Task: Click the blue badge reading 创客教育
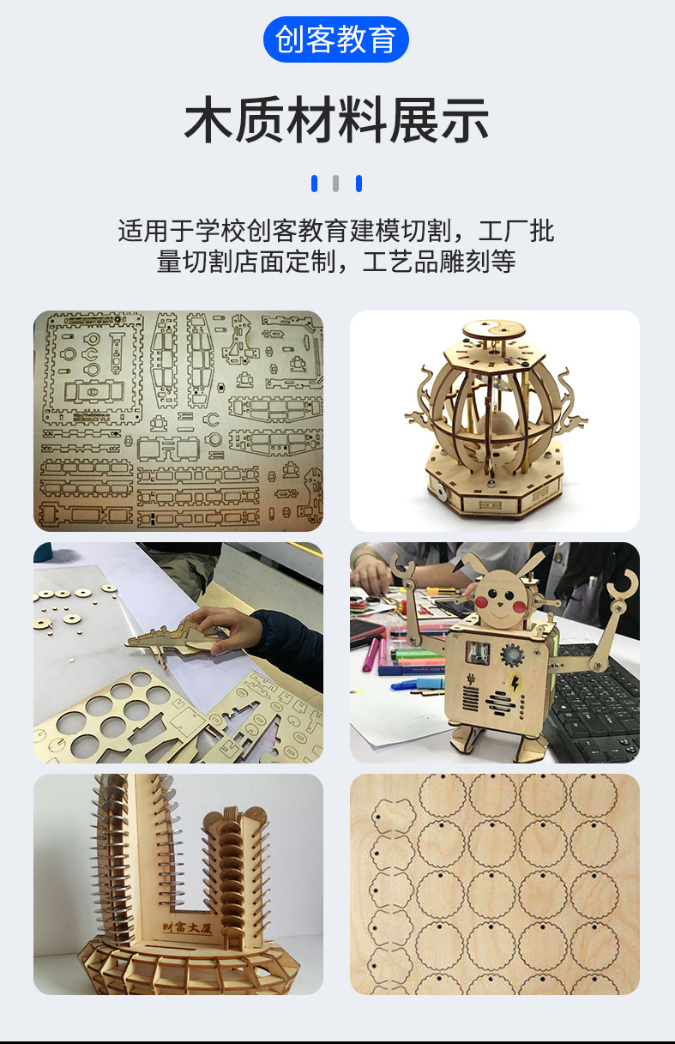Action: (x=336, y=39)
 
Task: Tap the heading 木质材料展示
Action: (x=336, y=121)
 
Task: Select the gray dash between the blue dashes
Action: (x=336, y=183)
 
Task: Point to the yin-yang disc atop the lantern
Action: (x=494, y=329)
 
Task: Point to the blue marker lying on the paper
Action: (x=416, y=685)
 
